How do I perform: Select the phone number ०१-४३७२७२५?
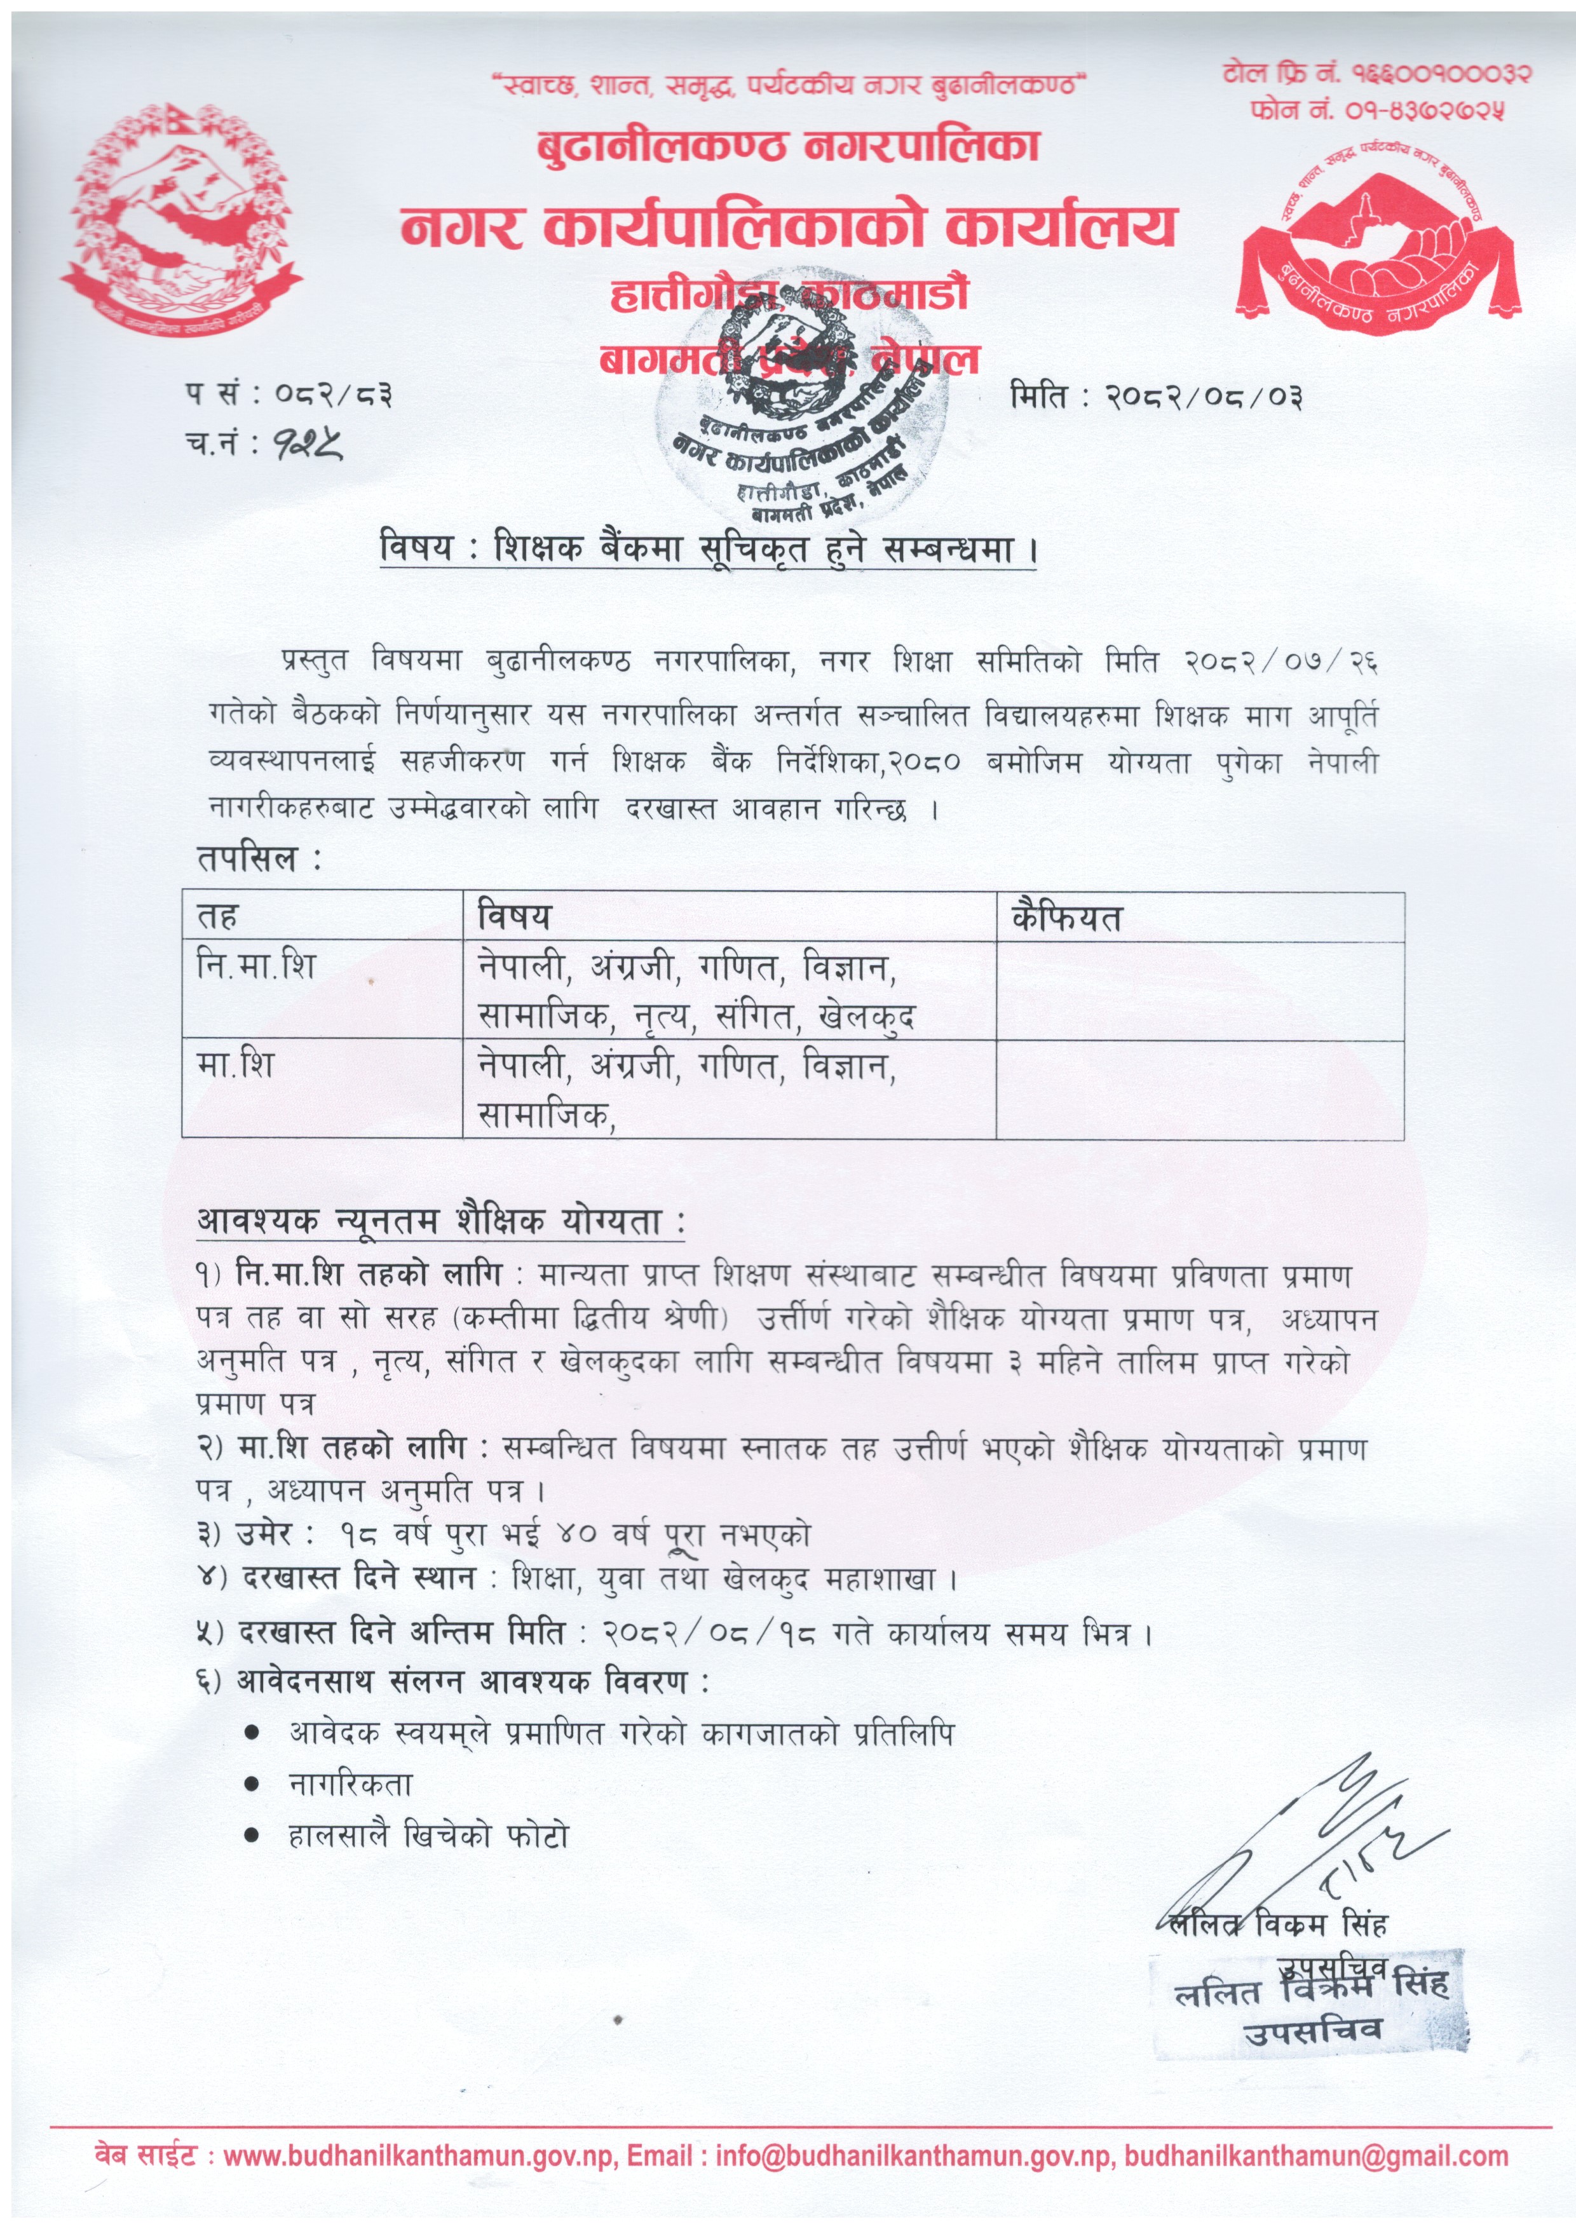1425,110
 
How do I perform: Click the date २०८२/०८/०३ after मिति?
1205,397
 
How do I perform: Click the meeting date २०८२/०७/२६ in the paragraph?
1280,663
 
